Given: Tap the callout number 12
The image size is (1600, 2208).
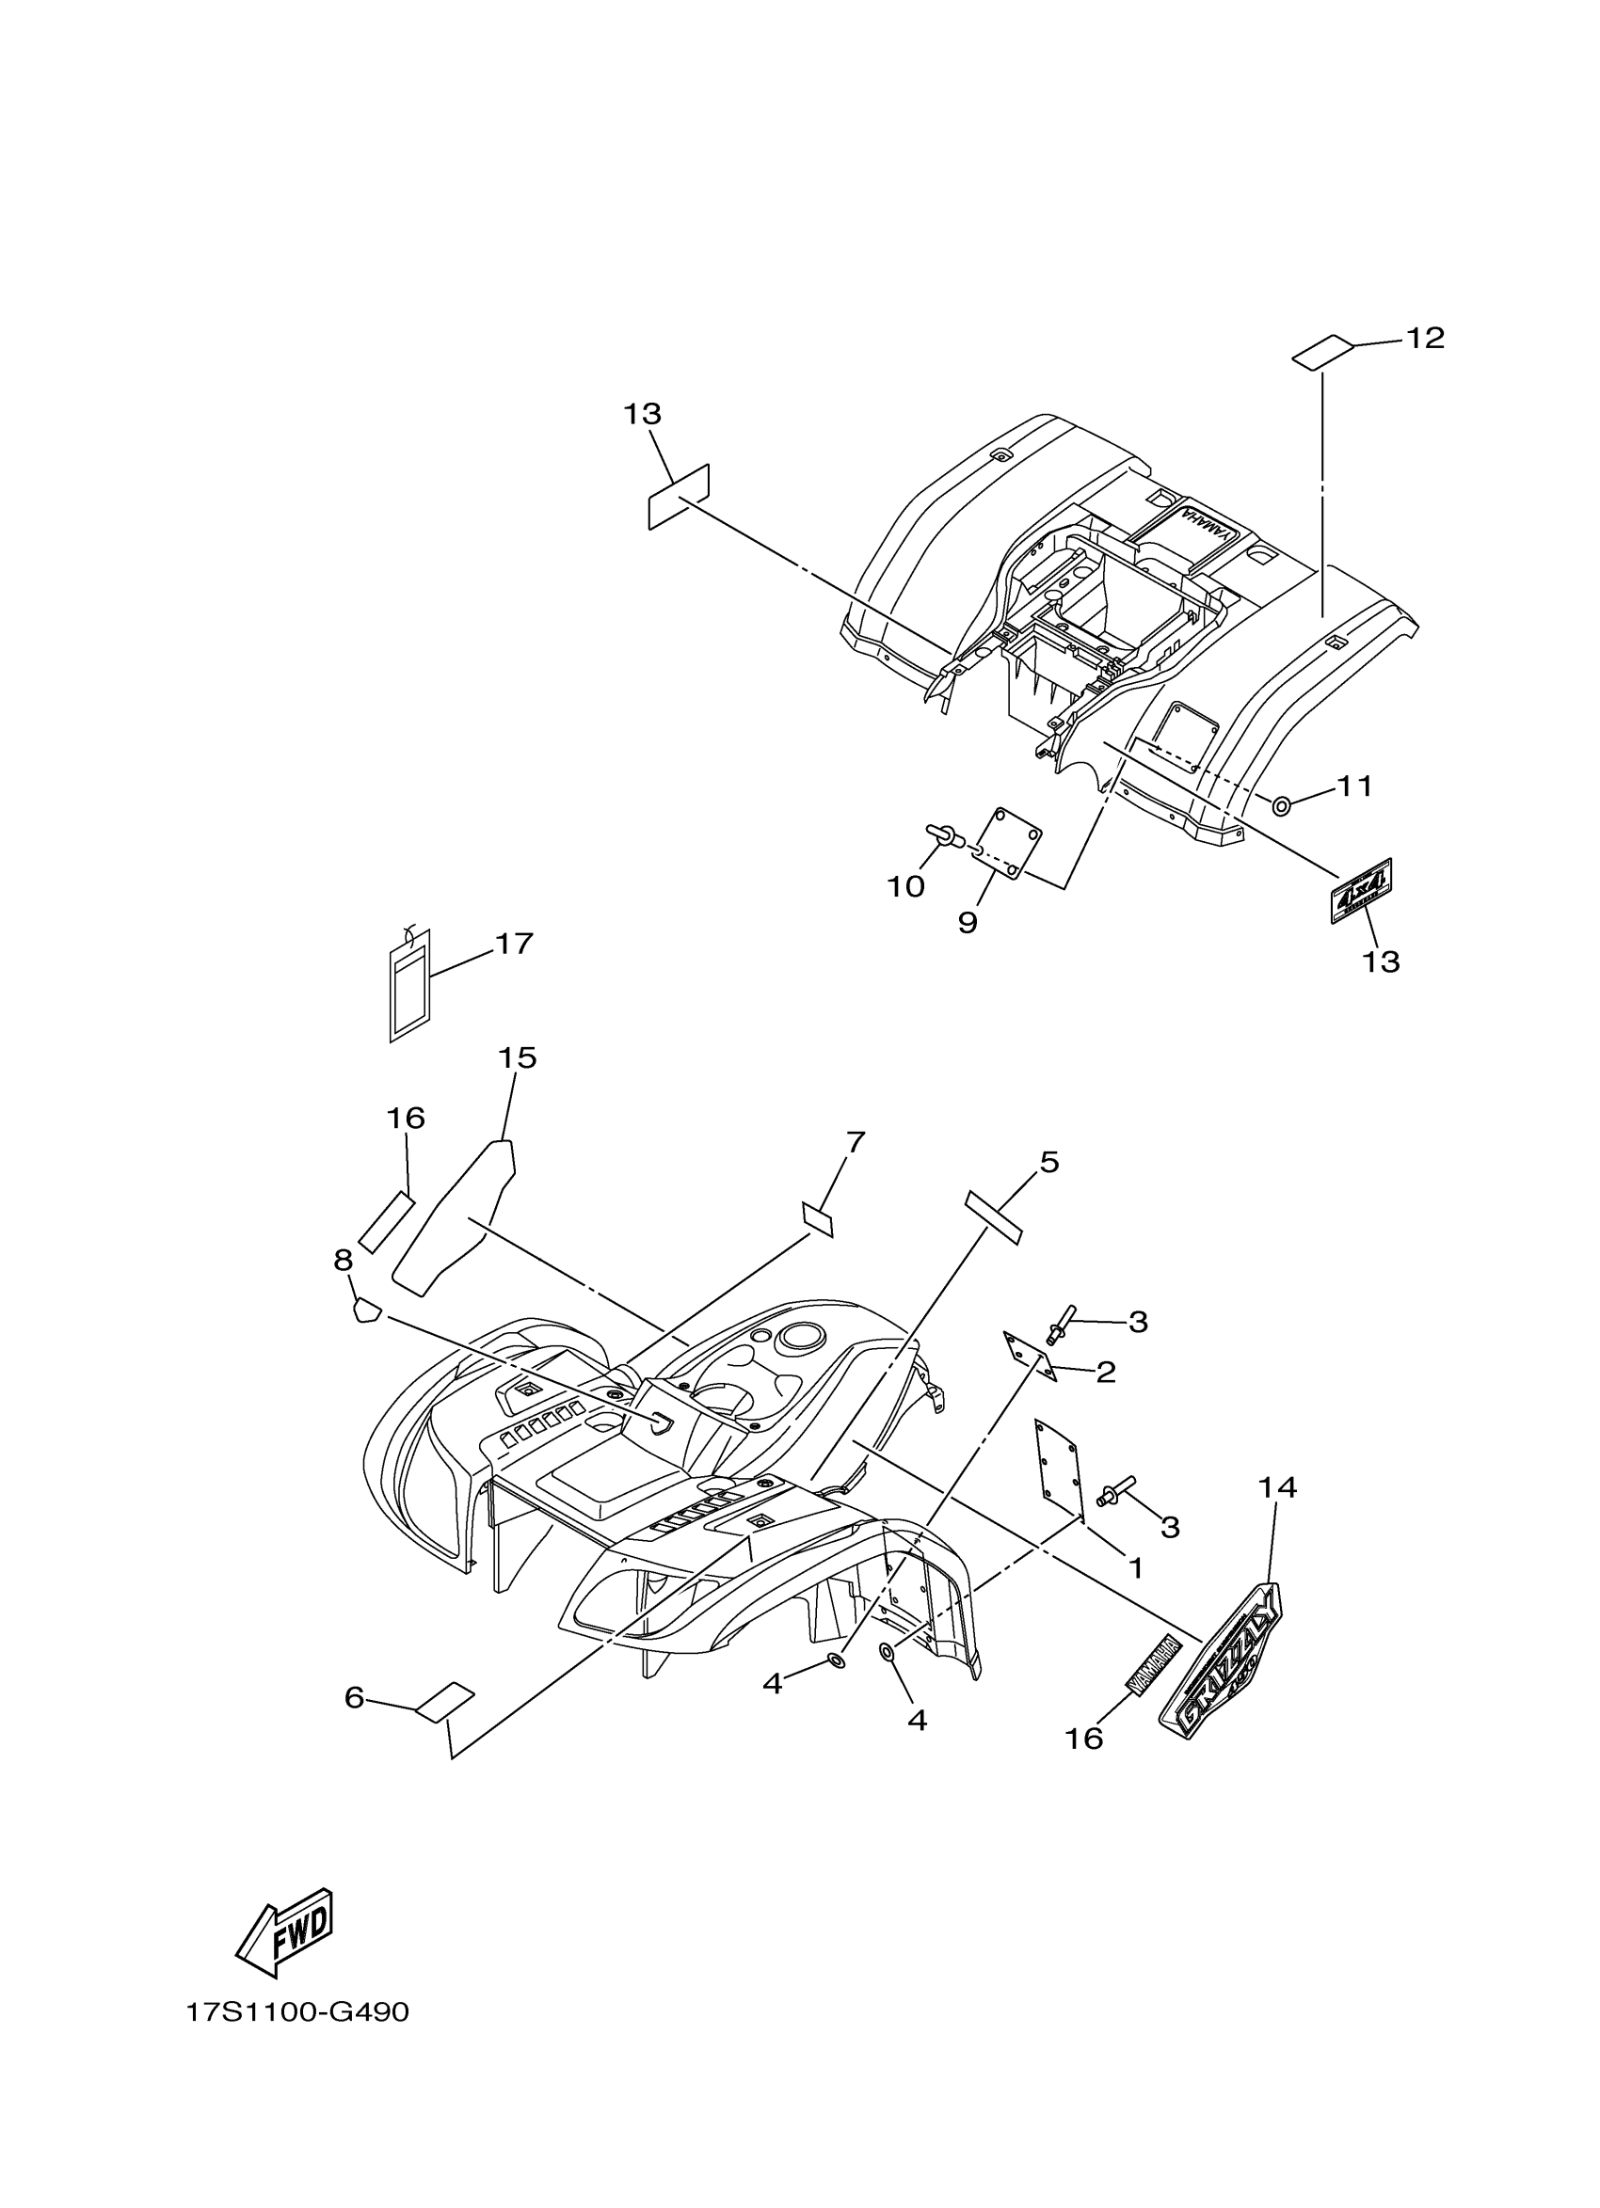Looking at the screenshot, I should tap(1424, 338).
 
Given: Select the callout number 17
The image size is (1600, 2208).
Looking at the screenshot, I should tap(514, 944).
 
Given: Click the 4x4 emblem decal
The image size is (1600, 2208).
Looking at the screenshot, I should tap(1362, 890).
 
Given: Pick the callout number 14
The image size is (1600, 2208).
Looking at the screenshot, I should tap(1278, 1487).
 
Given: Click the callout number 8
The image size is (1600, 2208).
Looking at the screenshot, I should tap(343, 1261).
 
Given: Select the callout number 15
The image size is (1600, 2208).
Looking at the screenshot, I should tap(518, 1058).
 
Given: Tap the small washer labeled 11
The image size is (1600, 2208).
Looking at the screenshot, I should tap(1283, 805).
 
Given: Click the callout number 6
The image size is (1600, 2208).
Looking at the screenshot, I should tap(354, 1697).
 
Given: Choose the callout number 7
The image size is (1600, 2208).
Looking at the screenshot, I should tap(855, 1142).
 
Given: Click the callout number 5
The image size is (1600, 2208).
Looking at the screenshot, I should tap(1048, 1162).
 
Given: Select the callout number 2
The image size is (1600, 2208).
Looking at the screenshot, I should tap(1105, 1373).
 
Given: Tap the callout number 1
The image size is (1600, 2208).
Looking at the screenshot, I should tap(1134, 1567).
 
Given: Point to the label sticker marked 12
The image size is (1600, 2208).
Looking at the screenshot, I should tap(1322, 353).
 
